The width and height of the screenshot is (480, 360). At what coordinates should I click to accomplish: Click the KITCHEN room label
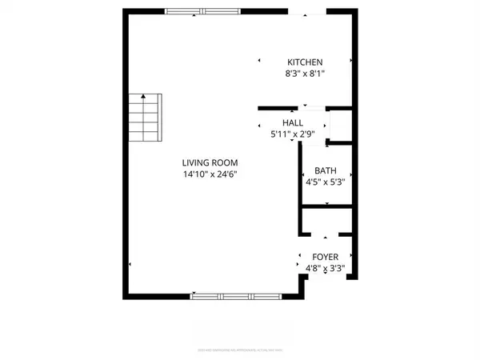(305, 62)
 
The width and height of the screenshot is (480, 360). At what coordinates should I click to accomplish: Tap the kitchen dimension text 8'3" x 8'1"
(305, 73)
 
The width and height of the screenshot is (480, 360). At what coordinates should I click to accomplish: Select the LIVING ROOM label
(210, 163)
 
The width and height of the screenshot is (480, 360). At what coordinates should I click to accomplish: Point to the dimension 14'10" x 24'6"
(210, 174)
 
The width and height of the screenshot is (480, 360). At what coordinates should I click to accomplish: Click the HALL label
(293, 122)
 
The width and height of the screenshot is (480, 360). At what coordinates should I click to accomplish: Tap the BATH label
(325, 170)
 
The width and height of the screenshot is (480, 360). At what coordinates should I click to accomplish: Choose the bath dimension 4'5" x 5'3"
(325, 182)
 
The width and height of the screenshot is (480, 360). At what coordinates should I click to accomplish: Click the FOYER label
(326, 257)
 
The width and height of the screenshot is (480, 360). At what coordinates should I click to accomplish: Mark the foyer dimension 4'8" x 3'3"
(325, 268)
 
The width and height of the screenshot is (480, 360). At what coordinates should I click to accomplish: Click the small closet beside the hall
(341, 126)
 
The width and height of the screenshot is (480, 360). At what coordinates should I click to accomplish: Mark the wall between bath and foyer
(326, 209)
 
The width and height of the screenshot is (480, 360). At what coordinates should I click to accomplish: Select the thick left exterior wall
(125, 152)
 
